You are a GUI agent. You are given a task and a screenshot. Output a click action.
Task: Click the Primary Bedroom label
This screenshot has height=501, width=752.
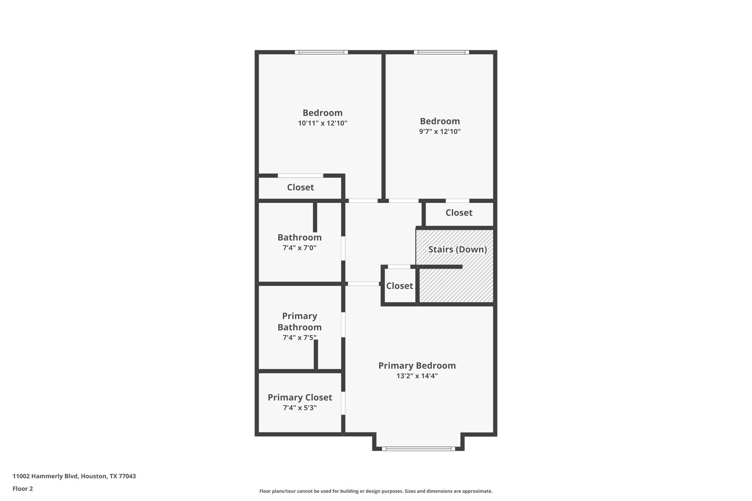[417, 366]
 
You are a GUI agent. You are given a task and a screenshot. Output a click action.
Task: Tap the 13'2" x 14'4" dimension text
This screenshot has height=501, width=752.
[417, 376]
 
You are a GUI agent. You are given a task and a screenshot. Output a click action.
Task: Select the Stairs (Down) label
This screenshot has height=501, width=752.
[457, 250]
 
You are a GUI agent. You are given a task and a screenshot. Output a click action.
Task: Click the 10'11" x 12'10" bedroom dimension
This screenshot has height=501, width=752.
[322, 123]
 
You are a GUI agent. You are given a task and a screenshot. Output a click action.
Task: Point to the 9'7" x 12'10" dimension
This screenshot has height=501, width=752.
[440, 132]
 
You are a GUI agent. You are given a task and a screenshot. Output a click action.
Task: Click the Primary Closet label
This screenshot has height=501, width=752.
[300, 397]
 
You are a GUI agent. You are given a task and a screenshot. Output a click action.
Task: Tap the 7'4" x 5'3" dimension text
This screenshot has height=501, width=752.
[300, 408]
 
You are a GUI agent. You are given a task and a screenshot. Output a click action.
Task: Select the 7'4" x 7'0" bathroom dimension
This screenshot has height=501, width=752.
[299, 248]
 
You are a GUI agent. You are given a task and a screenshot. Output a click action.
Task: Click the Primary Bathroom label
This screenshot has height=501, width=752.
[299, 322]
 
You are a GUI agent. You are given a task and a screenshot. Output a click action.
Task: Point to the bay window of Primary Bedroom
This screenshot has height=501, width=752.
[418, 449]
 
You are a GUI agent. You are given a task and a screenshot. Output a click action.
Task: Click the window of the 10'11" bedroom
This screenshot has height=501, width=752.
[321, 52]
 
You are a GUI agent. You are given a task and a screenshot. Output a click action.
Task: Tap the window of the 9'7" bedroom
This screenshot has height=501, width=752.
[441, 52]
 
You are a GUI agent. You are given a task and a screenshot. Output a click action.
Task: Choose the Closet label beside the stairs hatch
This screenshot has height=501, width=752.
[399, 286]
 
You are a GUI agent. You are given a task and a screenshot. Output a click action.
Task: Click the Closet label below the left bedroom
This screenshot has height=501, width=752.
[300, 188]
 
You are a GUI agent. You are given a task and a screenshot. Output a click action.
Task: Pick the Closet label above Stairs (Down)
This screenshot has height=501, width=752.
[459, 213]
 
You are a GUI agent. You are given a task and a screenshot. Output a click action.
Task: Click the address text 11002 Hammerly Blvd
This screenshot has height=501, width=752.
[74, 476]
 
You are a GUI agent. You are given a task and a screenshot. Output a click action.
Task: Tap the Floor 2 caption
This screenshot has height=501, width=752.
[23, 489]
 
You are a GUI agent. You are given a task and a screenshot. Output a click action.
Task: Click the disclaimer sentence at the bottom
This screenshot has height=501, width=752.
[376, 491]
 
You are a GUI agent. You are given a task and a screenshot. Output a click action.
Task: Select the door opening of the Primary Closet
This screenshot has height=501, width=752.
[343, 403]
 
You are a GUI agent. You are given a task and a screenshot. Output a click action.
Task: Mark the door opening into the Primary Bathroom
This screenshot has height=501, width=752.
[343, 324]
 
